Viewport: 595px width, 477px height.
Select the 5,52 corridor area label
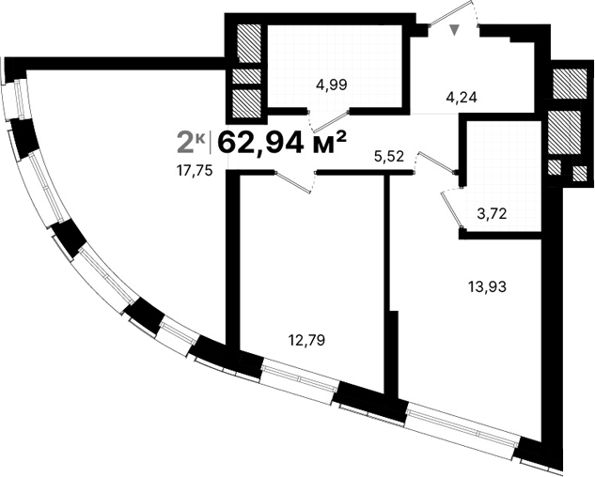(388, 157)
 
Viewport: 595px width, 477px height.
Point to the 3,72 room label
(492, 213)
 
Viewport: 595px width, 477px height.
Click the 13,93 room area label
(487, 287)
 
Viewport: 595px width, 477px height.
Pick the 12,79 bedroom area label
(308, 339)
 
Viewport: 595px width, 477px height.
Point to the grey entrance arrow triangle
(456, 30)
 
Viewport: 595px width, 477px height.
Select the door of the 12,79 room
(294, 182)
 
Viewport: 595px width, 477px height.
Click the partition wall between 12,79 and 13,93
(388, 282)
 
